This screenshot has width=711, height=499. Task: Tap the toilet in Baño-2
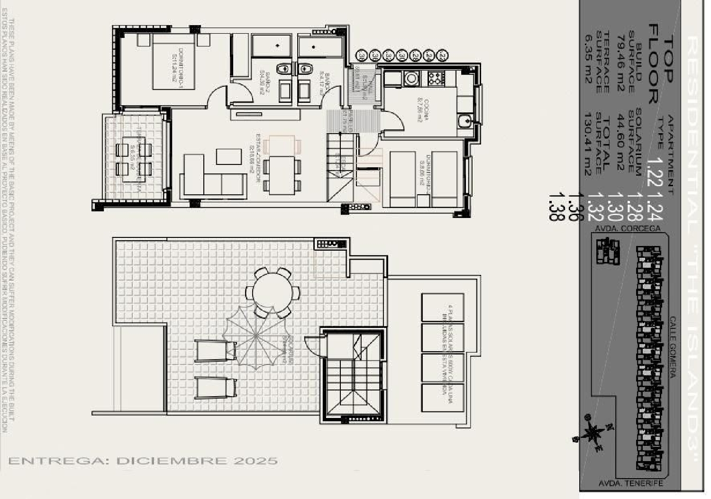point(283,69)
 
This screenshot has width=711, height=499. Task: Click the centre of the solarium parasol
point(256,336)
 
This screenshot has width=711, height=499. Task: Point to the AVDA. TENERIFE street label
point(630,483)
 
